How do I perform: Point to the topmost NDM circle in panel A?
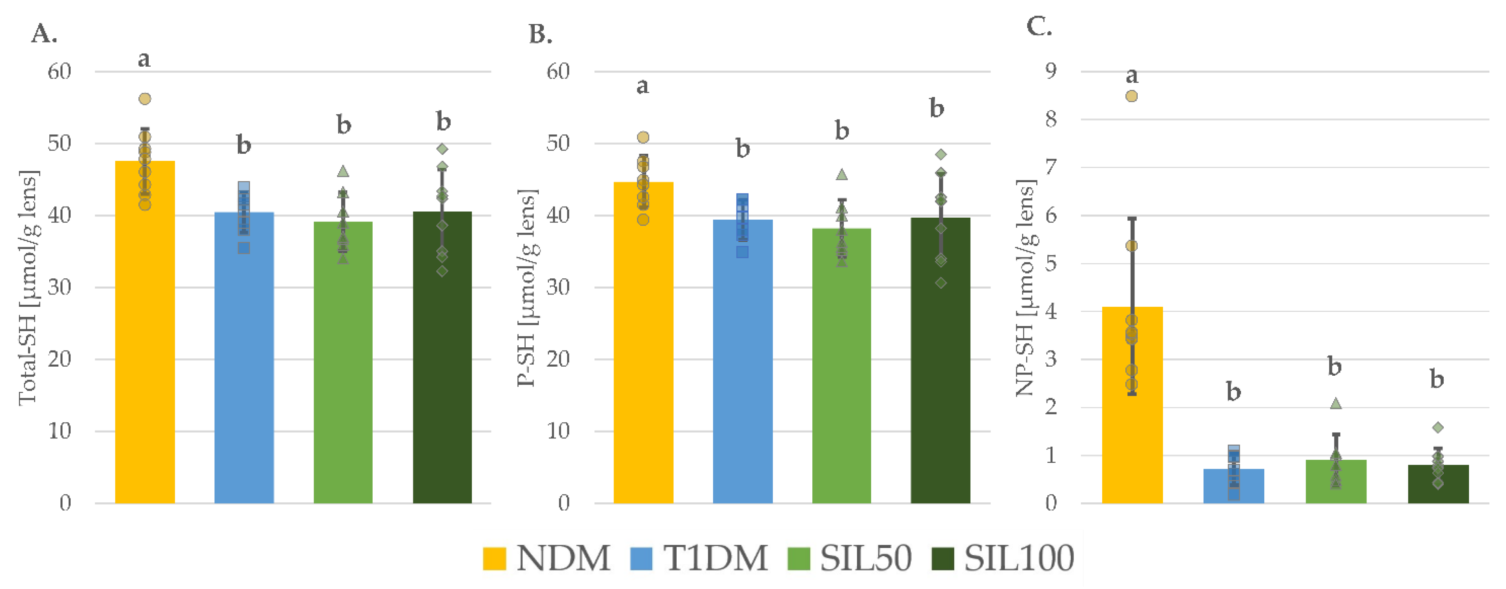[x=144, y=99]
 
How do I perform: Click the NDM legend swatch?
[x=494, y=558]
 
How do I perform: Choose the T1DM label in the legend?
[x=715, y=558]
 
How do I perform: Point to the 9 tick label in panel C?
[x=1051, y=71]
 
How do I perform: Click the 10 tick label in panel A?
[x=59, y=431]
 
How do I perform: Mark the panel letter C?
[x=1039, y=27]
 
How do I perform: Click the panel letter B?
[x=540, y=35]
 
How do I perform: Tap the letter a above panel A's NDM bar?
[x=144, y=59]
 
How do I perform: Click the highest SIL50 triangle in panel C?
[x=1335, y=404]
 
